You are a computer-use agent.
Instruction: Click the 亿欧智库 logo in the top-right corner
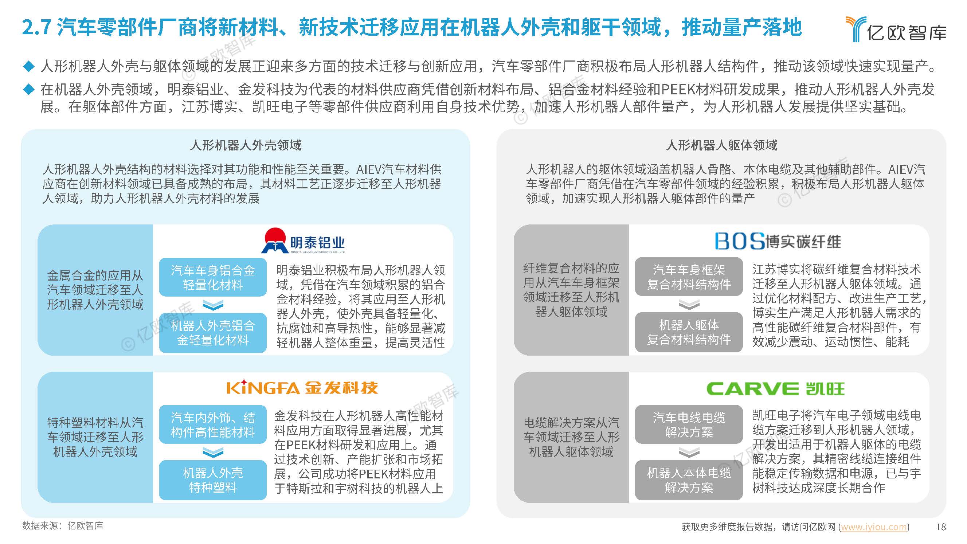896,29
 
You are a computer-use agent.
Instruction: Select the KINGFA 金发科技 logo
302,387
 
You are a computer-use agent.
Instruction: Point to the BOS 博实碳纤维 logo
778,241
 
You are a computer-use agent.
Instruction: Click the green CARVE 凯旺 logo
776,388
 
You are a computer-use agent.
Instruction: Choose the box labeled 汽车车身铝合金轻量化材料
213,277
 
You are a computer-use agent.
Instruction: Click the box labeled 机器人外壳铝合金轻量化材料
213,333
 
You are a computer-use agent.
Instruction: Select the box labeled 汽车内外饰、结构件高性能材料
213,424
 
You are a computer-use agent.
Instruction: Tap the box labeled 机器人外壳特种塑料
213,480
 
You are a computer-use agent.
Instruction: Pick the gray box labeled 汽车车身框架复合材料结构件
689,277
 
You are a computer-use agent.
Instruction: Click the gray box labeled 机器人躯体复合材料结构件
689,332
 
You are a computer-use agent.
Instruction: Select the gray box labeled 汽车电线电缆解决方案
689,424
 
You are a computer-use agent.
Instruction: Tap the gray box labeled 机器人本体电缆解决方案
689,480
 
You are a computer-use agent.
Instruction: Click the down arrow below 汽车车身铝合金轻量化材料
213,305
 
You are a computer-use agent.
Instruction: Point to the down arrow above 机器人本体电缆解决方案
689,452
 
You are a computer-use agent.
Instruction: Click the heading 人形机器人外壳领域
246,145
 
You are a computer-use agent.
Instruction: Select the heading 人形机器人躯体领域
721,145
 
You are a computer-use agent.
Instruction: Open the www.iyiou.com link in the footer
873,527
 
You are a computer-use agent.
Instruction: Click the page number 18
941,527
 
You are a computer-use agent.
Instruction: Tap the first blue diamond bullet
28,66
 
